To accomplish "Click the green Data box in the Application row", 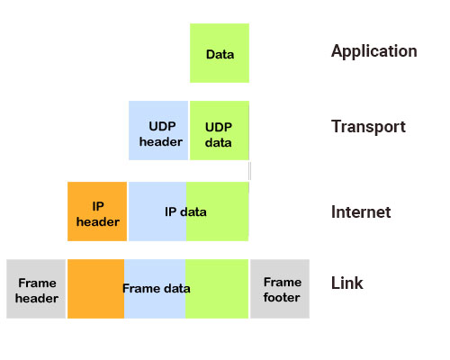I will point(220,54).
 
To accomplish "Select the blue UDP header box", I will point(158,130).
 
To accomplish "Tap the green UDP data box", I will point(219,130).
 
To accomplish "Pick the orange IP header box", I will point(97,211).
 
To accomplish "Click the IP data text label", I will point(185,212).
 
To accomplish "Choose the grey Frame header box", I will point(36,289).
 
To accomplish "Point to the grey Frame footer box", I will point(280,289).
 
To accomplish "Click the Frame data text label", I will point(157,289).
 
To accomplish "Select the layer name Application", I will point(373,51).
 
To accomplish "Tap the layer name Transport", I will point(368,127).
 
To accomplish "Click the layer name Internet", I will point(361,212).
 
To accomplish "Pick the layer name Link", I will point(347,283).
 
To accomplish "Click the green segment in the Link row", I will point(218,289).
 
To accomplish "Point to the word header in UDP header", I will point(160,141).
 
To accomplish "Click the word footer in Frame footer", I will point(282,297).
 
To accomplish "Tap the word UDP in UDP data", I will point(219,127).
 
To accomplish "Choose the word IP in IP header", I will point(98,206).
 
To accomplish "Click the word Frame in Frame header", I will point(37,282).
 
